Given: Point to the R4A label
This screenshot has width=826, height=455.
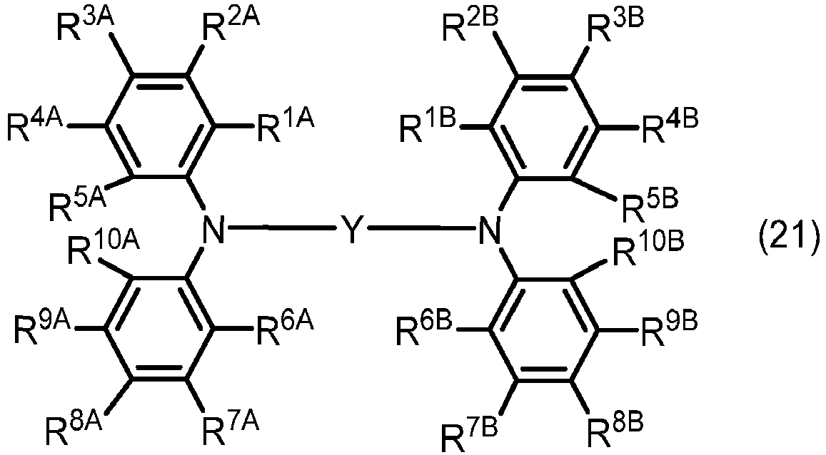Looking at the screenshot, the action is point(35,126).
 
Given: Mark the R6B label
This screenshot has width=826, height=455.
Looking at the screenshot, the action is point(425,329).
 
